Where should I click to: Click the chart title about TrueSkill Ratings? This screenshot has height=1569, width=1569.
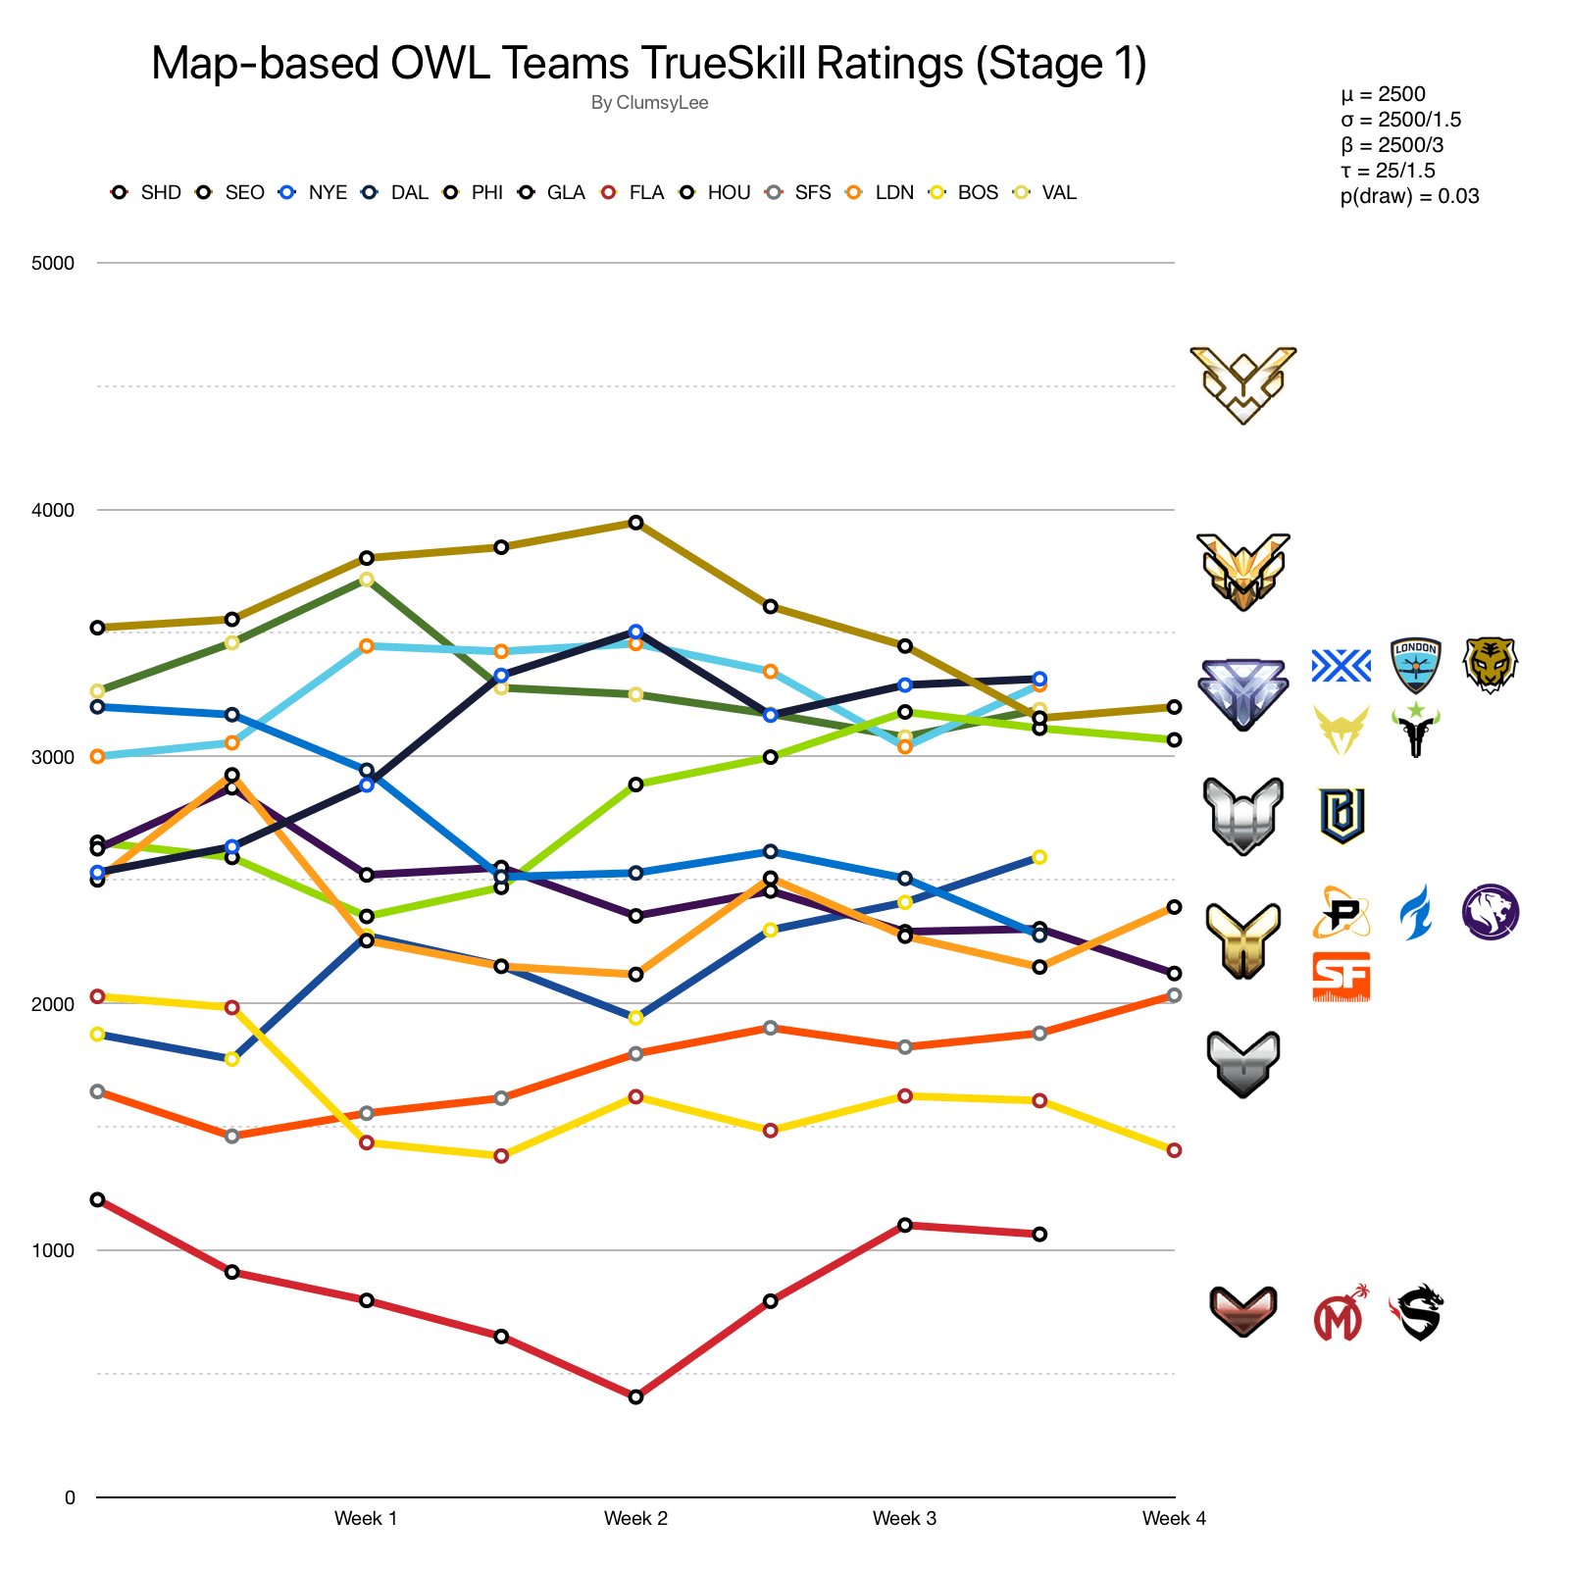[x=648, y=64]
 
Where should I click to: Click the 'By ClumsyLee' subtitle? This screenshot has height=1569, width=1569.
[x=649, y=103]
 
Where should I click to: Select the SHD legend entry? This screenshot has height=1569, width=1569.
[x=147, y=192]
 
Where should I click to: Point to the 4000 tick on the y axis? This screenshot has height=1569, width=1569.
[x=53, y=510]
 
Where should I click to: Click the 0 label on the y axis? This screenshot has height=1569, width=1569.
[x=69, y=1497]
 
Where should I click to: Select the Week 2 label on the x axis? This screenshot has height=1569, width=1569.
[x=635, y=1519]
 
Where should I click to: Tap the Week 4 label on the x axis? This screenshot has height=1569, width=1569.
[x=1174, y=1519]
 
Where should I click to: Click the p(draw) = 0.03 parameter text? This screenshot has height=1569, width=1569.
[x=1409, y=196]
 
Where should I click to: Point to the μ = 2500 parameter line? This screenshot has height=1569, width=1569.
[x=1383, y=94]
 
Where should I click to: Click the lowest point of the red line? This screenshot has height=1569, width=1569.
[x=635, y=1396]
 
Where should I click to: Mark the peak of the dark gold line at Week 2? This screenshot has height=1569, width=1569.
[x=635, y=523]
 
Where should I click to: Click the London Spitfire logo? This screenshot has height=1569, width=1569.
[x=1415, y=665]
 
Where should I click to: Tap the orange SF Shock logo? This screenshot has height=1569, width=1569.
[x=1341, y=977]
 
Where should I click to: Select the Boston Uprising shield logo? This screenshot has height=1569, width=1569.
[x=1341, y=815]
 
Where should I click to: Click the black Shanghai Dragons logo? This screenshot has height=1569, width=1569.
[x=1417, y=1313]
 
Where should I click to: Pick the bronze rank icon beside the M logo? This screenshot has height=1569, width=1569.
[x=1242, y=1312]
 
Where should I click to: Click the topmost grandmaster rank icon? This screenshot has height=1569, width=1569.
[x=1242, y=384]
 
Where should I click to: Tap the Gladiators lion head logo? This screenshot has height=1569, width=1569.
[x=1491, y=912]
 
